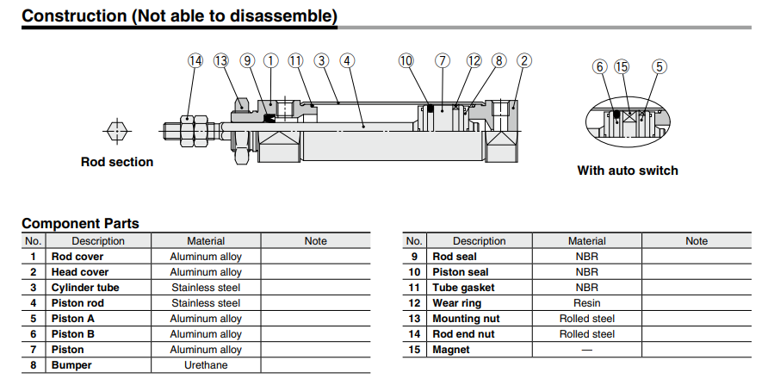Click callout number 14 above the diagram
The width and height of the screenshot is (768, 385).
click(x=195, y=60)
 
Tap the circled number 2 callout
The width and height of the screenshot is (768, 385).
click(x=524, y=60)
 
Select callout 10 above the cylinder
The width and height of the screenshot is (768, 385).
click(x=406, y=60)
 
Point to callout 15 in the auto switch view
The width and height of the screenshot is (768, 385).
click(x=622, y=66)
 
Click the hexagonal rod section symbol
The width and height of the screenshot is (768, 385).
click(x=117, y=131)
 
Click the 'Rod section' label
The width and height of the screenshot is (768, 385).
click(x=117, y=162)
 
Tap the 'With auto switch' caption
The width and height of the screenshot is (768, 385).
click(x=627, y=171)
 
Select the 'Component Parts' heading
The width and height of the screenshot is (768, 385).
click(x=80, y=223)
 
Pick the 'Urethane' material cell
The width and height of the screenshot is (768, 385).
click(x=206, y=365)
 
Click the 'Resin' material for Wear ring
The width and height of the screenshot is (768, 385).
click(x=586, y=303)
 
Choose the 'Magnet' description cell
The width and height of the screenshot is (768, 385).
click(x=451, y=350)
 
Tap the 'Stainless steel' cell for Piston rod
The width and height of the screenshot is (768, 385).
click(x=206, y=303)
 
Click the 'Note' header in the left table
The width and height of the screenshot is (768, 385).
click(x=316, y=241)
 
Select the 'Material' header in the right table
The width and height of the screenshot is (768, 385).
click(x=586, y=241)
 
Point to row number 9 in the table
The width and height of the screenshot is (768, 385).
click(x=414, y=257)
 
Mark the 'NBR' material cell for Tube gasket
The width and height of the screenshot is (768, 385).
click(x=586, y=288)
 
